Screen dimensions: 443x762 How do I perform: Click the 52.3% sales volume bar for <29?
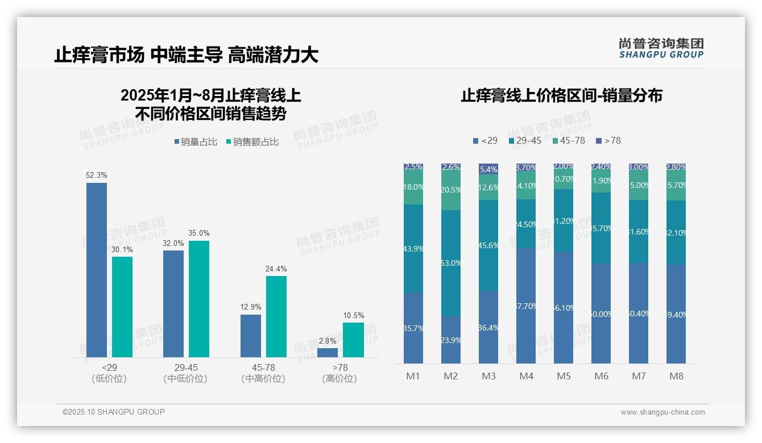pyautogui.click(x=97, y=270)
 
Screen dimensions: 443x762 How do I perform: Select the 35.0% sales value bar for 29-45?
pyautogui.click(x=199, y=299)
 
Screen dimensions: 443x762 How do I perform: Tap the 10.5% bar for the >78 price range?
pyautogui.click(x=353, y=340)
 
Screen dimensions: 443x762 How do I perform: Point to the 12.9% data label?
pyautogui.click(x=251, y=307)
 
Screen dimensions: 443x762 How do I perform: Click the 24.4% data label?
pyautogui.click(x=276, y=269)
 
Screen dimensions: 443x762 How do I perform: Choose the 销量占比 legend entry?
pyautogui.click(x=196, y=142)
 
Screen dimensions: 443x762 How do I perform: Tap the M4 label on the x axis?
pyautogui.click(x=526, y=376)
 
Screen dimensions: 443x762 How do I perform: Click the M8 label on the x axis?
pyautogui.click(x=676, y=376)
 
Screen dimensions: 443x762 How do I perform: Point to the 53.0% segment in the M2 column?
pyautogui.click(x=451, y=263)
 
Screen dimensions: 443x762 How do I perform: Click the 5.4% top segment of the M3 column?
pyautogui.click(x=488, y=169)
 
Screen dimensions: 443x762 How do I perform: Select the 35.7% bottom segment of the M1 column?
pyautogui.click(x=413, y=328)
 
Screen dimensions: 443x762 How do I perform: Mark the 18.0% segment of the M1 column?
pyautogui.click(x=413, y=187)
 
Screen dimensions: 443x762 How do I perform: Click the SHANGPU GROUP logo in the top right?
pyautogui.click(x=661, y=48)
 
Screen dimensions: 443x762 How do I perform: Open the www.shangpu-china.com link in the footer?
pyautogui.click(x=662, y=412)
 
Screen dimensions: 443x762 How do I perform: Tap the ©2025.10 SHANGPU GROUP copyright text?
pyautogui.click(x=114, y=412)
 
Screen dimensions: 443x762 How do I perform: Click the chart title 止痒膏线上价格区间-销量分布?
pyautogui.click(x=561, y=95)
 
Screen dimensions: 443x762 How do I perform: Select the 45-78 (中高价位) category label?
pyautogui.click(x=263, y=373)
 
